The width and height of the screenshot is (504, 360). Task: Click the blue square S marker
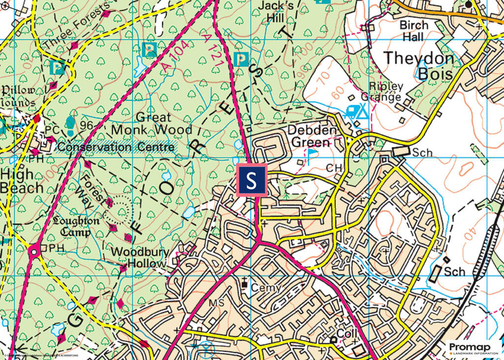click(x=252, y=180)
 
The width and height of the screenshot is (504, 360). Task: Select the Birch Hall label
click(x=413, y=30)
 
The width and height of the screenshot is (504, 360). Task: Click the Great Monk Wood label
click(x=151, y=124)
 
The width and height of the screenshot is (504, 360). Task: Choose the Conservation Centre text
click(x=116, y=147)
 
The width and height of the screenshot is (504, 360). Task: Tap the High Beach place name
click(x=21, y=181)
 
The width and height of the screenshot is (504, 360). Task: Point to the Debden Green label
click(x=313, y=136)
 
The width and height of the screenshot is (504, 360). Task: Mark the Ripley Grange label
click(x=382, y=91)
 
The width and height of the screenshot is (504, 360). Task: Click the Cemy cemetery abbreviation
click(x=266, y=287)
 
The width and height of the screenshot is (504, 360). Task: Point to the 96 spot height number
click(x=87, y=125)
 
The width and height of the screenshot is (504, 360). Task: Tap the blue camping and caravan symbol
click(x=357, y=112)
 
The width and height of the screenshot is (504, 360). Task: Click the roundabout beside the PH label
click(x=33, y=252)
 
